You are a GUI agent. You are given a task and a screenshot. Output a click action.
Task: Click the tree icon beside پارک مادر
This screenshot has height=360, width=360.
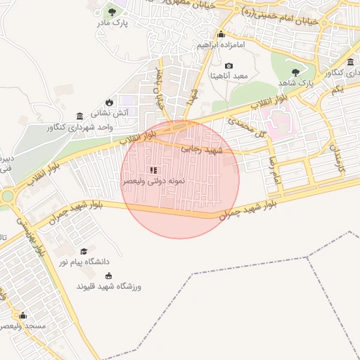tap(112, 11)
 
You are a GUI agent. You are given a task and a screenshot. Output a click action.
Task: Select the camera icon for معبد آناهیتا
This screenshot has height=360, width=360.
tap(229, 65)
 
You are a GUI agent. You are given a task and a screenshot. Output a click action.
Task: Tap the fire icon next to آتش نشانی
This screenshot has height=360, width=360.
tap(108, 103)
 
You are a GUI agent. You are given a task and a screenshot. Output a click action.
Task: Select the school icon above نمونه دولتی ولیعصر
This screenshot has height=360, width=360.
tap(154, 169)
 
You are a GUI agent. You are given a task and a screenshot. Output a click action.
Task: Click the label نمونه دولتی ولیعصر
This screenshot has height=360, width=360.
tap(154, 181)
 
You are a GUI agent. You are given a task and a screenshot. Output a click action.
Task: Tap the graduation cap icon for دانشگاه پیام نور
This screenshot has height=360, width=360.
tap(84, 251)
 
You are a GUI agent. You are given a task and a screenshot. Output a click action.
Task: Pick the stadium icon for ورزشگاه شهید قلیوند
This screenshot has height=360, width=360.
tap(108, 274)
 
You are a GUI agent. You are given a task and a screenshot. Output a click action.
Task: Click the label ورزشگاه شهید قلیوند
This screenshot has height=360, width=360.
tap(109, 286)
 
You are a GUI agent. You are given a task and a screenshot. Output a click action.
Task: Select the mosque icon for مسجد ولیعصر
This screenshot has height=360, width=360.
tap(23, 315)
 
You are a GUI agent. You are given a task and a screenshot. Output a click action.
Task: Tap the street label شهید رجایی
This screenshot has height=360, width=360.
tap(202, 150)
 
